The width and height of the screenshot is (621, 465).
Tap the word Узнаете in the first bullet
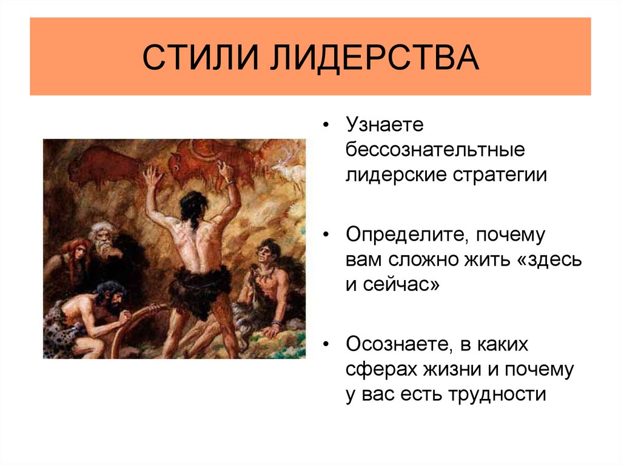383,126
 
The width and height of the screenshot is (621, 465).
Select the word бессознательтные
435,150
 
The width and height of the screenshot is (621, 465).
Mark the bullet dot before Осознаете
327,344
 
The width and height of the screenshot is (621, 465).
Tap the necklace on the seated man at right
264,273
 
